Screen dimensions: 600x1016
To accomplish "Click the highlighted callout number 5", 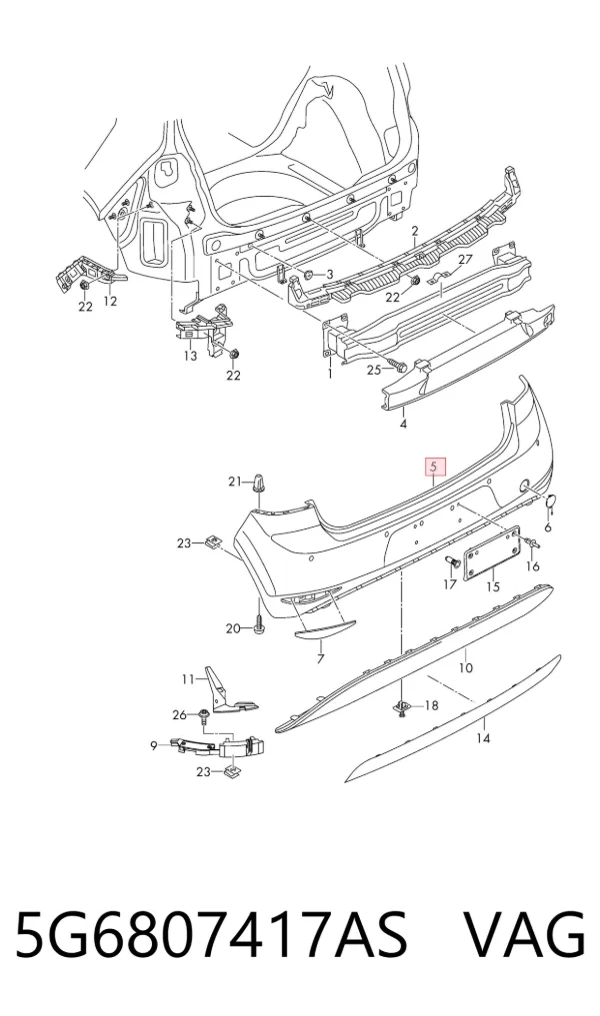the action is point(435,467).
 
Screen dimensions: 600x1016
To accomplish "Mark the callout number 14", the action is point(483,738).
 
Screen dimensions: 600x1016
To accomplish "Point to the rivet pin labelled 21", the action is point(259,485).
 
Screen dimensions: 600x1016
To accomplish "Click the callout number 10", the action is point(466,667).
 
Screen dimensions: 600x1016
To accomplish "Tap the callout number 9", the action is point(154,746).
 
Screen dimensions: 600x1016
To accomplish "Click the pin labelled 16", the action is point(533,542).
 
